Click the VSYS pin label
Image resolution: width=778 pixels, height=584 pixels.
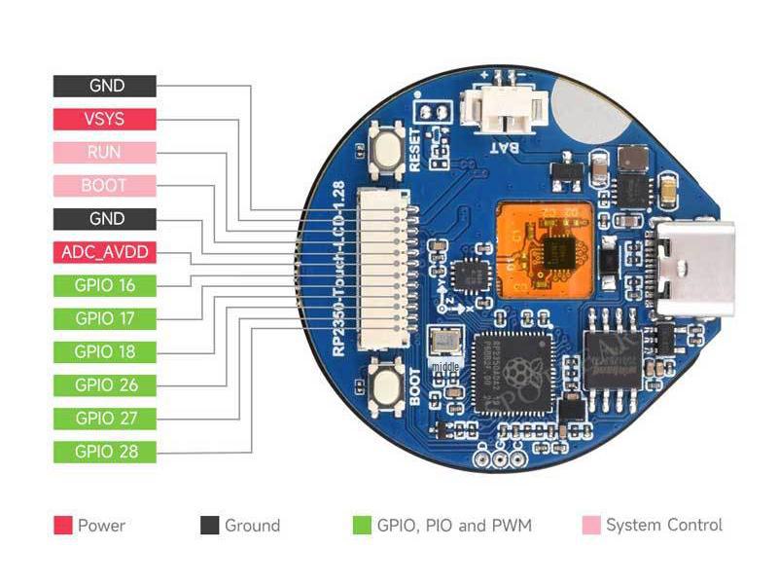click(104, 119)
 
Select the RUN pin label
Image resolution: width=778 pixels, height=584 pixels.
click(104, 152)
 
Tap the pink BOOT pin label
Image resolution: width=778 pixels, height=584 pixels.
click(104, 185)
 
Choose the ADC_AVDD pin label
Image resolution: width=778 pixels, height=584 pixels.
click(104, 252)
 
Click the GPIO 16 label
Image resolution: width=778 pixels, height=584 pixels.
click(104, 285)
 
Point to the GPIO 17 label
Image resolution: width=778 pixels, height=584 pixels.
click(104, 318)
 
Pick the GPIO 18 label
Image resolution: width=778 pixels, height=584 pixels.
click(104, 351)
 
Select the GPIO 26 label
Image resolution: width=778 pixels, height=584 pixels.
click(104, 384)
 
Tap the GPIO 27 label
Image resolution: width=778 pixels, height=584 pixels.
click(104, 419)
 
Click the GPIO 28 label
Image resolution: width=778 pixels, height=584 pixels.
click(104, 452)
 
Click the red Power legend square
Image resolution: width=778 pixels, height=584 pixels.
click(62, 526)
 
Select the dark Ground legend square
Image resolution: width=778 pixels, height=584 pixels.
click(209, 526)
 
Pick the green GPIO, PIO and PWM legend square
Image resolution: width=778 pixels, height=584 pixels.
click(362, 526)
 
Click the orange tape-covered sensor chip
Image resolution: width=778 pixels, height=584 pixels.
click(544, 248)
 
